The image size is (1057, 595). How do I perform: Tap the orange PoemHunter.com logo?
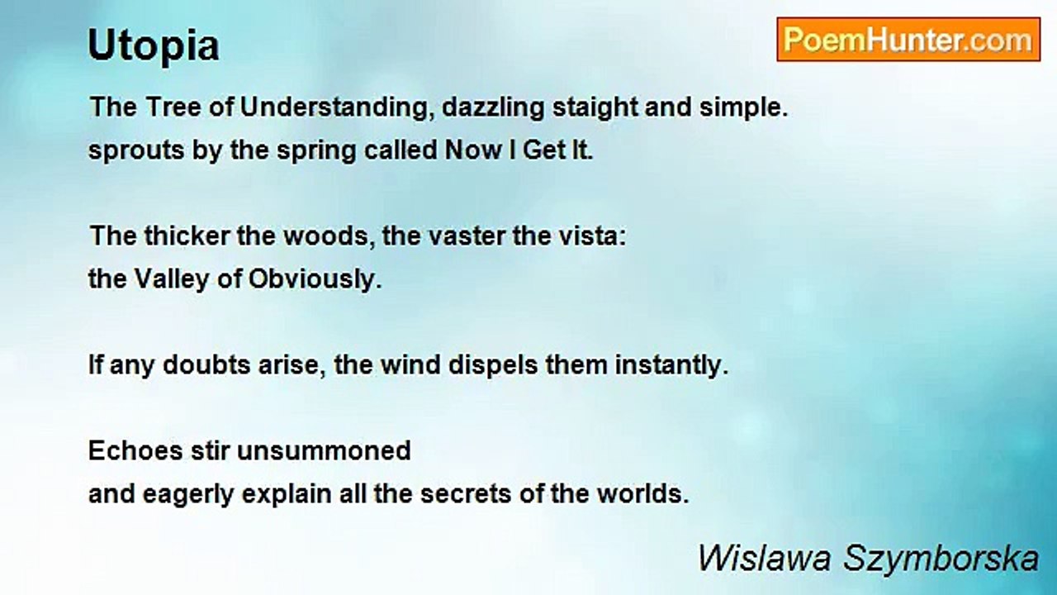[x=908, y=40]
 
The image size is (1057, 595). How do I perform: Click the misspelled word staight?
[x=595, y=107]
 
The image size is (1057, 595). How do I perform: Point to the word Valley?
[x=172, y=279]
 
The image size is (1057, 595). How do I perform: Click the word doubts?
[x=206, y=365]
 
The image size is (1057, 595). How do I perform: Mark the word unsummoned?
[x=324, y=451]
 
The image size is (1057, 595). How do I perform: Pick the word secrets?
[x=466, y=494]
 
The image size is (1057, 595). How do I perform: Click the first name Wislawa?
[x=764, y=558]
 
